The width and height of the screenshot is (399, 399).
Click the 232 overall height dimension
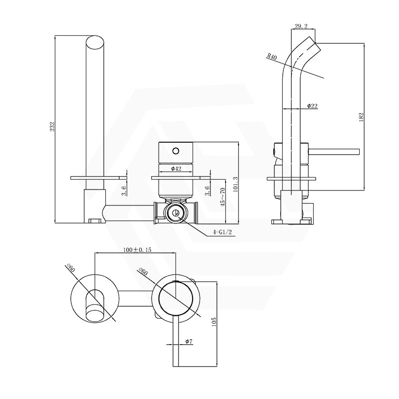tap(52, 127)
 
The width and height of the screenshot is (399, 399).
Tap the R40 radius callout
tap(272, 57)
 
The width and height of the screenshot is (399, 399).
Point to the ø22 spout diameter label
tap(312, 106)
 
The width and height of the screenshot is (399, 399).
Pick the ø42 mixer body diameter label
tap(176, 169)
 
